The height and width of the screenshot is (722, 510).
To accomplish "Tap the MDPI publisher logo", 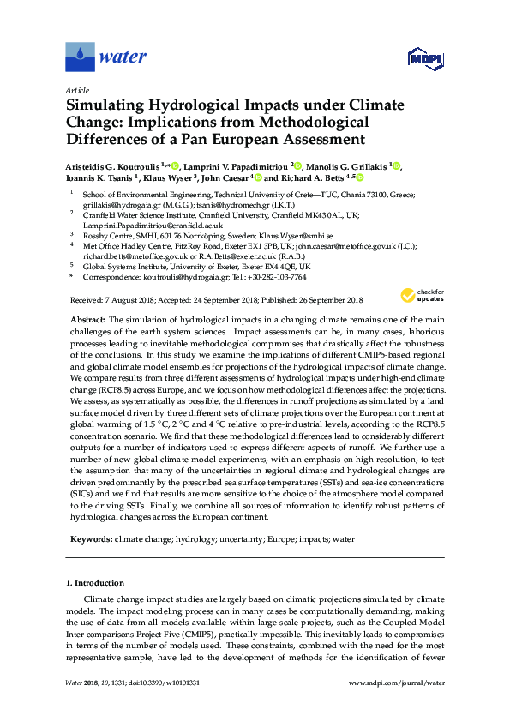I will (x=421, y=58).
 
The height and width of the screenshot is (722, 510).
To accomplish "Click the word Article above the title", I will (x=78, y=89).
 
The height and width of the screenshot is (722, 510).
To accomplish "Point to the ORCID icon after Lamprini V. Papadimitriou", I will (x=296, y=165).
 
